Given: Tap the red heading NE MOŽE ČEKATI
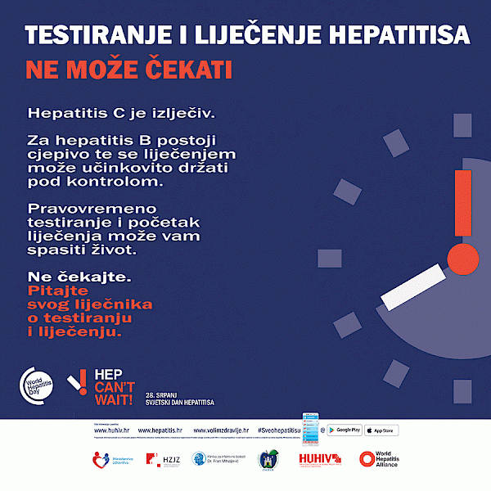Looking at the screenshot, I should (128, 69).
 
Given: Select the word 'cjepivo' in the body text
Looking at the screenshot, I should (58, 154).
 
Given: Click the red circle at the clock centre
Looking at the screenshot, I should (463, 259).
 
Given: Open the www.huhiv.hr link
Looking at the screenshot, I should (112, 430).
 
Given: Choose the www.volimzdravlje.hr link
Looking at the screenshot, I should (220, 430).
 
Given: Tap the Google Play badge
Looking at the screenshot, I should (345, 430).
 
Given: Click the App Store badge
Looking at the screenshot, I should (380, 430).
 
